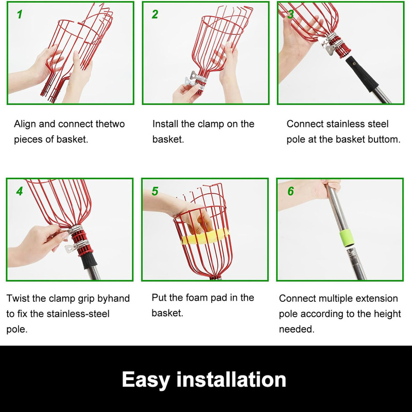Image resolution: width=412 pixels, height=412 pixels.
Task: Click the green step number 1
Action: pyautogui.click(x=20, y=14)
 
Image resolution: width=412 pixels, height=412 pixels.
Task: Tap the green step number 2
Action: pyautogui.click(x=155, y=14)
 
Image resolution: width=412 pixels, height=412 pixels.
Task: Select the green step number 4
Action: pyautogui.click(x=20, y=191)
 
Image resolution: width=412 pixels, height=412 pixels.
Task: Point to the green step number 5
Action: pyautogui.click(x=155, y=191)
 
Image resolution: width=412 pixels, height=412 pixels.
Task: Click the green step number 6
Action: pyautogui.click(x=290, y=191)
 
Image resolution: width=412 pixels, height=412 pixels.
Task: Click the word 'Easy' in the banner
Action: pyautogui.click(x=146, y=380)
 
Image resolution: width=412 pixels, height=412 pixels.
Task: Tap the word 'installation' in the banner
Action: pyautogui.click(x=231, y=379)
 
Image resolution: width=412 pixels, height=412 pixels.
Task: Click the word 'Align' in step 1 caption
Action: pyautogui.click(x=25, y=124)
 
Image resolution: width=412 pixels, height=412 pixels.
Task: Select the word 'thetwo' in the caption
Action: pyautogui.click(x=110, y=124)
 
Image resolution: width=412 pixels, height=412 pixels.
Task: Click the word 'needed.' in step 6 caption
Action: pyautogui.click(x=297, y=329)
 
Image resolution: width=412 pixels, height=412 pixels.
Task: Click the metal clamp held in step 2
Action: pyautogui.click(x=195, y=79)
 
